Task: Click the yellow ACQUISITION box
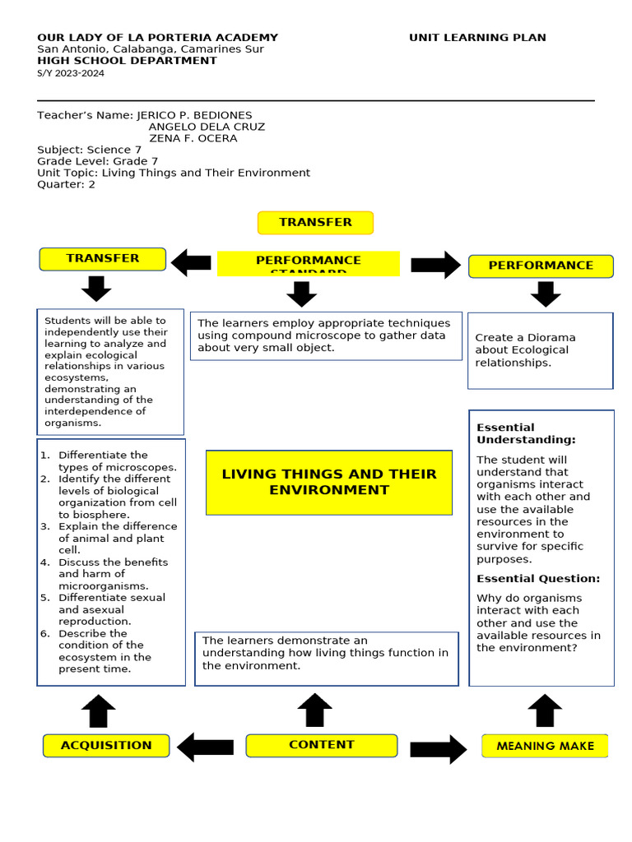[x=106, y=746]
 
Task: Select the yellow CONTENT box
[x=321, y=745]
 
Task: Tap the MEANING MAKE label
[x=545, y=747]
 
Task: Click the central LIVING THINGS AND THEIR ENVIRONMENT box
[x=329, y=482]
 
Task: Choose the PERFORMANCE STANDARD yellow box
[x=308, y=264]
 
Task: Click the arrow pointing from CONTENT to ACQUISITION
[x=206, y=747]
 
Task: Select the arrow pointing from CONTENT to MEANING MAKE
[x=438, y=748]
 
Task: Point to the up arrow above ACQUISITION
[x=98, y=710]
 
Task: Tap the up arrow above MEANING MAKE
[x=544, y=710]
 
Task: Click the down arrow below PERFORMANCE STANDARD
[x=302, y=294]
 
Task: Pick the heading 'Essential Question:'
[x=538, y=579]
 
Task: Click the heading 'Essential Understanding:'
[x=526, y=433]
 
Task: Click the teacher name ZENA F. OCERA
[x=193, y=138]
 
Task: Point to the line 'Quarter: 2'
[x=67, y=184]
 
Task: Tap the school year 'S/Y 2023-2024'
[x=71, y=73]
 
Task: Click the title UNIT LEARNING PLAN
[x=477, y=38]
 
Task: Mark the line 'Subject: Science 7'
[x=90, y=150]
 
